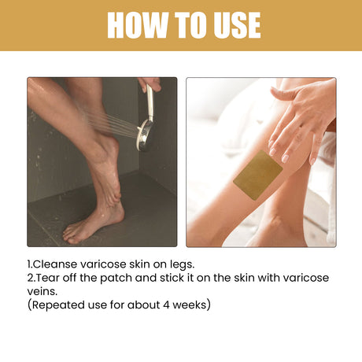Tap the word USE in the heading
233,25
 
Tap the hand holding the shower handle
150,83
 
